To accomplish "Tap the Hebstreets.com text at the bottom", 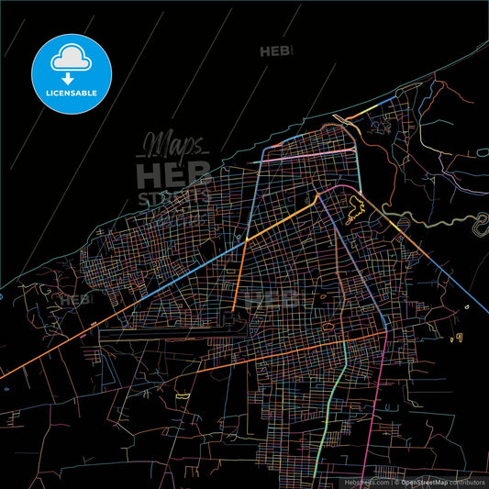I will click(x=366, y=481).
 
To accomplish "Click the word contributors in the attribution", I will click(x=472, y=481).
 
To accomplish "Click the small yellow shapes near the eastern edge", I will click(x=453, y=339).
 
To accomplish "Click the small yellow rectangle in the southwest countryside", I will click(x=183, y=395).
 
